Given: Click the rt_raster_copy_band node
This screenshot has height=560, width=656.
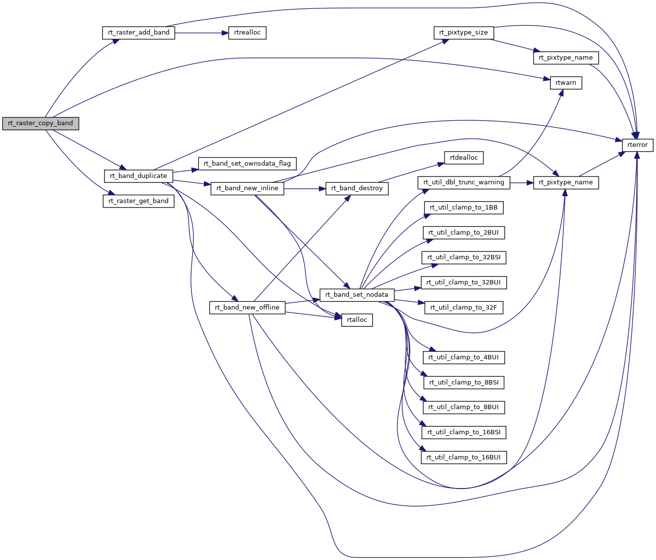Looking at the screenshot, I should tap(40, 123).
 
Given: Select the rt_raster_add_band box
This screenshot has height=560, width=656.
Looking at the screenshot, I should tap(138, 33).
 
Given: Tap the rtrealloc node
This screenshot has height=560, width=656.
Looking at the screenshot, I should tap(247, 33).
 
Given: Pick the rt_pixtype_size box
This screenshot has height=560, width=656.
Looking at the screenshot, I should tap(463, 33).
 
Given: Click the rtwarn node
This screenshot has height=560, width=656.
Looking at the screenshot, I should tap(565, 83).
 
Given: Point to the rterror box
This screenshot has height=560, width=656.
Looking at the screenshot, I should tap(638, 145).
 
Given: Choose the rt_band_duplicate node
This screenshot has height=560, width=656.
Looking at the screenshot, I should tap(138, 175).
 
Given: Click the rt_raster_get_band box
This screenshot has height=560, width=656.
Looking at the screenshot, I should tap(138, 201).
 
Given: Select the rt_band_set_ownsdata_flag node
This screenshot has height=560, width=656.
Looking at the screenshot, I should tap(247, 163).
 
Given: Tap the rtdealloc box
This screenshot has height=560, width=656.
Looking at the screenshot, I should tap(464, 157).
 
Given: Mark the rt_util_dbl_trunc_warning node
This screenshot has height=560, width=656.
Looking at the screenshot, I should tap(464, 182).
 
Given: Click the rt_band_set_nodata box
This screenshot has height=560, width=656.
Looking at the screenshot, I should tap(357, 294).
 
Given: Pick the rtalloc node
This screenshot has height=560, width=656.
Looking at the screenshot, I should tap(357, 319).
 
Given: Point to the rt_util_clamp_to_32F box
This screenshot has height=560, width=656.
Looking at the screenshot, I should tap(464, 307).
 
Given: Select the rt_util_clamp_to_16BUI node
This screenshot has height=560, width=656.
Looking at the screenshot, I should tap(464, 457).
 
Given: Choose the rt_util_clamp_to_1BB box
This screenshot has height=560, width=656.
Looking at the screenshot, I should tap(464, 207).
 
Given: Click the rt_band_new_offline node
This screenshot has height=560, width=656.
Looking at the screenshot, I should tap(247, 307).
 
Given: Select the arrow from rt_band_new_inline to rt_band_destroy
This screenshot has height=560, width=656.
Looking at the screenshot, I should tap(305, 188).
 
